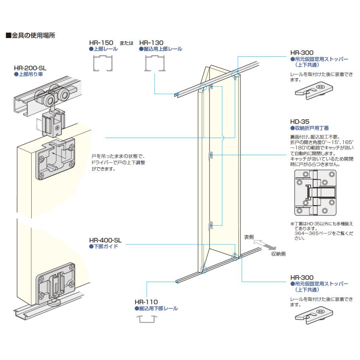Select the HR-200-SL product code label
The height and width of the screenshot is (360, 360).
coord(30,68)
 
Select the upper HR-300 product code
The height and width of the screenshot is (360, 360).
coord(302,52)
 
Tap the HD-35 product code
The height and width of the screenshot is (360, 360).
coord(300,122)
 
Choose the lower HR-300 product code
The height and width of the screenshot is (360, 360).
coord(302,277)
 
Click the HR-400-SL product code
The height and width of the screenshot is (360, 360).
coord(105,240)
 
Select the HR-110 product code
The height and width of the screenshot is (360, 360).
coord(146,302)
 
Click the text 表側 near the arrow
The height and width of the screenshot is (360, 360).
coord(249,237)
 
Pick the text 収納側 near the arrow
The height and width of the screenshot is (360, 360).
coord(278,254)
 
